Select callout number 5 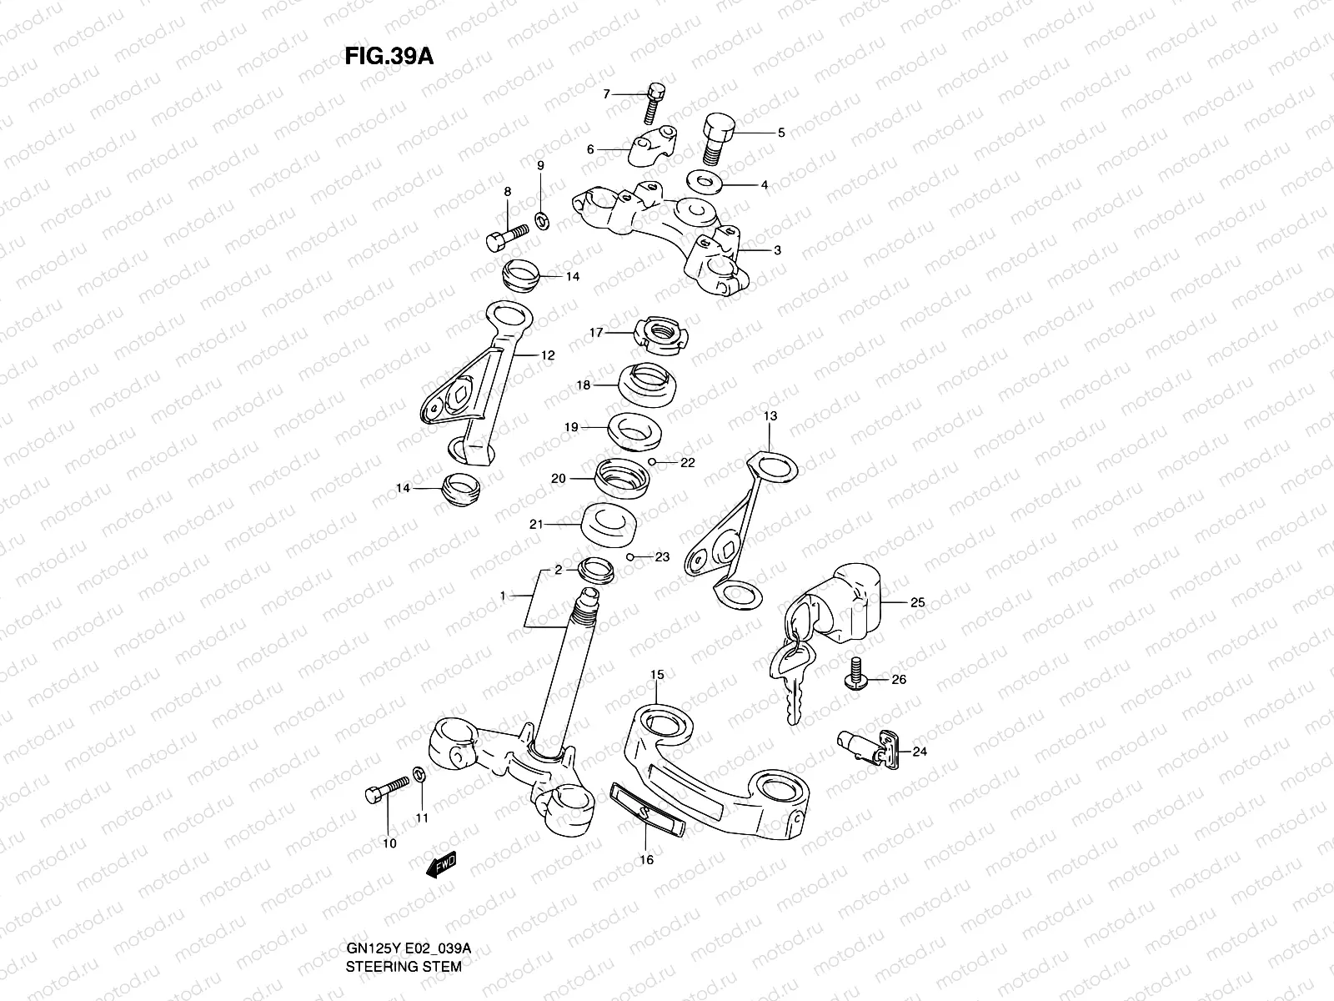click(x=781, y=132)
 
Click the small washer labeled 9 click(x=540, y=219)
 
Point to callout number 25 click(x=917, y=602)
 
